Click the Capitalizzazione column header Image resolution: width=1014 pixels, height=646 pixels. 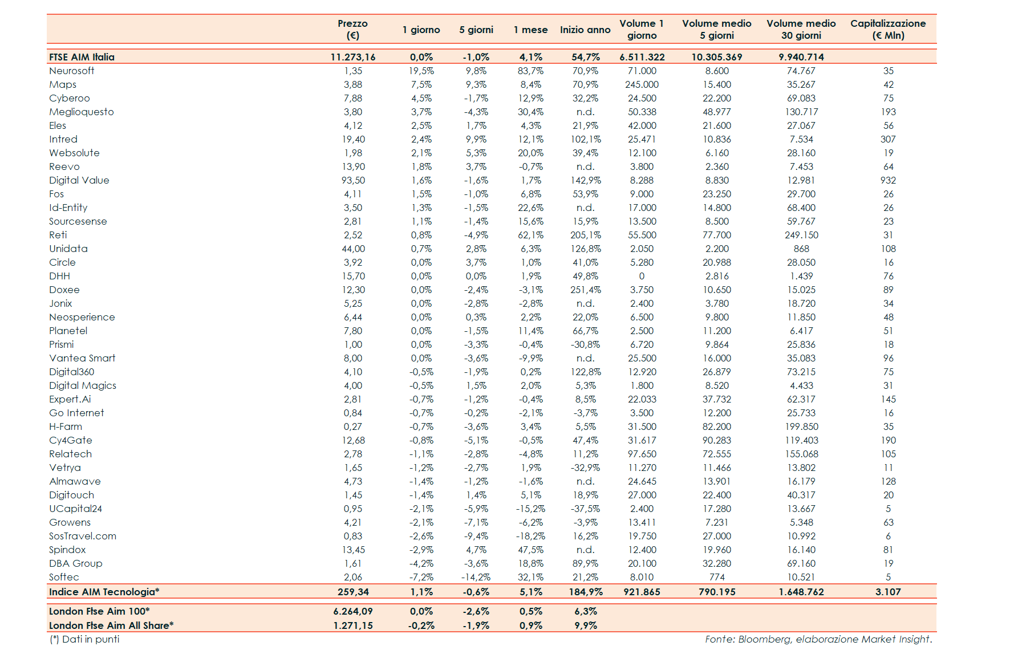pyautogui.click(x=888, y=29)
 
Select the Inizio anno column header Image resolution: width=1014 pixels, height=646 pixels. pyautogui.click(x=585, y=30)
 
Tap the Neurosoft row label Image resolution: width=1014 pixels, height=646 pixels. pyautogui.click(x=72, y=71)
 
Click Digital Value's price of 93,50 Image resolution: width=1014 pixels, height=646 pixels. pyautogui.click(x=353, y=180)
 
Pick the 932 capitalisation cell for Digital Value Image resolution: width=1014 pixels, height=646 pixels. pyautogui.click(x=888, y=180)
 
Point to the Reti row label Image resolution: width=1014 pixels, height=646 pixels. pyautogui.click(x=58, y=235)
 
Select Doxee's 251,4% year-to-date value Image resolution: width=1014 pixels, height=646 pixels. pyautogui.click(x=586, y=290)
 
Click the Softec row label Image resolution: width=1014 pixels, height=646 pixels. pyautogui.click(x=64, y=577)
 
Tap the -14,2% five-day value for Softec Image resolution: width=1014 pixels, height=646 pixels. pyautogui.click(x=476, y=577)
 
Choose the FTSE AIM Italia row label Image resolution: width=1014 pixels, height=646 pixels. pyautogui.click(x=82, y=57)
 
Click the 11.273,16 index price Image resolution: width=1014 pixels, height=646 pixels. pyautogui.click(x=353, y=57)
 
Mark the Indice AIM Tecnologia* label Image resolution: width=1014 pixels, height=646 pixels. pyautogui.click(x=104, y=592)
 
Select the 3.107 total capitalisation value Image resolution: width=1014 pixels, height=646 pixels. pyautogui.click(x=888, y=592)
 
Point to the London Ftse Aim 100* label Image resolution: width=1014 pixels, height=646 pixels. pyautogui.click(x=99, y=611)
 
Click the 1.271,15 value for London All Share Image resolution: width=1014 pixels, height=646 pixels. pyautogui.click(x=353, y=625)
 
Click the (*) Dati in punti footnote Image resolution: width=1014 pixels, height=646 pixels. pyautogui.click(x=84, y=639)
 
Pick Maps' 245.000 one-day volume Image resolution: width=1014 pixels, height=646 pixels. pyautogui.click(x=642, y=84)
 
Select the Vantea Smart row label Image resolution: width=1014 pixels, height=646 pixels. pyautogui.click(x=82, y=358)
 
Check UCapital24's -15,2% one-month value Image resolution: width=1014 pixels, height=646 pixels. pyautogui.click(x=530, y=509)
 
